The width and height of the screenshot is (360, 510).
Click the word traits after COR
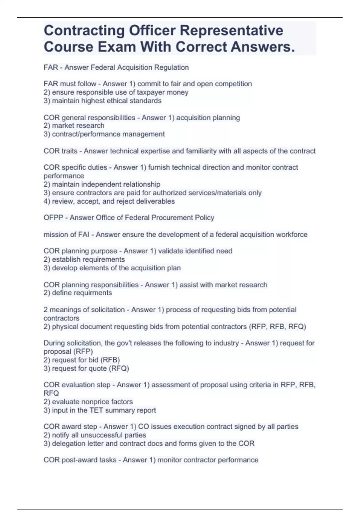pyautogui.click(x=69, y=151)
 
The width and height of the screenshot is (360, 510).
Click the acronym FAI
pyautogui.click(x=84, y=234)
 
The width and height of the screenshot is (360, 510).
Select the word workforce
pyautogui.click(x=291, y=234)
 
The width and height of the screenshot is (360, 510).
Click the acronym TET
pyautogui.click(x=96, y=410)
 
